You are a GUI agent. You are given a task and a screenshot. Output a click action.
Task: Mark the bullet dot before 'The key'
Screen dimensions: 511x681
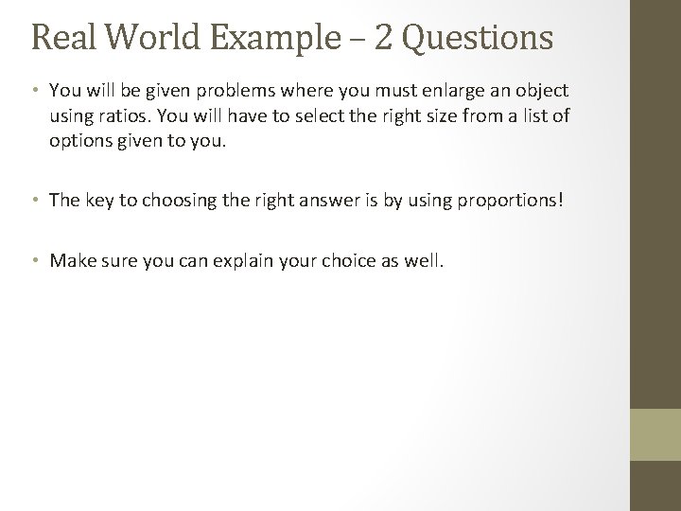(35, 202)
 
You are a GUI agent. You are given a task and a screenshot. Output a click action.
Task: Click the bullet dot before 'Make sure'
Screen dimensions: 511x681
(35, 261)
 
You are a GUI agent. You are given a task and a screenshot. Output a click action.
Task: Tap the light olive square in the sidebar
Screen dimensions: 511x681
(655, 433)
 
